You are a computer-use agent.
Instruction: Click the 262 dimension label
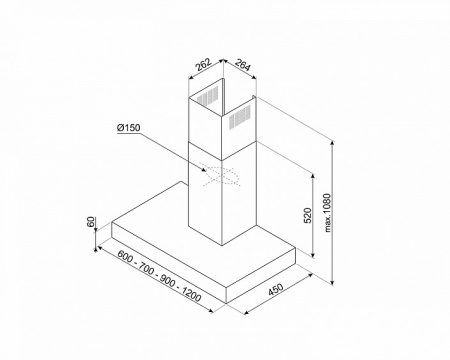[203, 64]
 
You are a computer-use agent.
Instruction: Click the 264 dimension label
[242, 65]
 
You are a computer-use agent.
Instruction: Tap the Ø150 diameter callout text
[129, 128]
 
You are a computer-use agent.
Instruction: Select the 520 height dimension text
[307, 216]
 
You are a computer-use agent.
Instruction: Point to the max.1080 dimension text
[328, 213]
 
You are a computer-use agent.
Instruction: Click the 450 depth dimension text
[276, 289]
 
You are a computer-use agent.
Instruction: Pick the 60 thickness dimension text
[91, 222]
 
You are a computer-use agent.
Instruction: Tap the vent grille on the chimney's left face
[207, 96]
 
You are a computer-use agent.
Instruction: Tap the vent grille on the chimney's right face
[240, 117]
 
